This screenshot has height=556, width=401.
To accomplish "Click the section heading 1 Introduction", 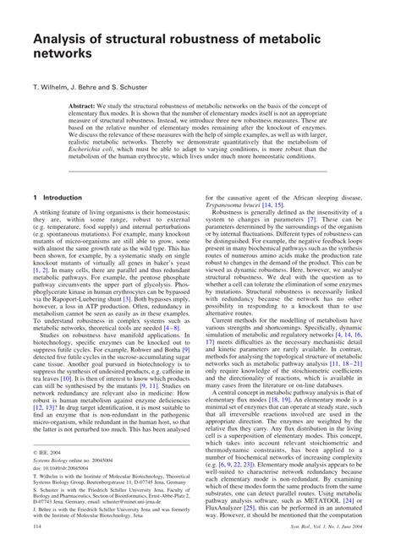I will [x=57, y=198].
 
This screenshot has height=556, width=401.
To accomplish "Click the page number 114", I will [x=36, y=549].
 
